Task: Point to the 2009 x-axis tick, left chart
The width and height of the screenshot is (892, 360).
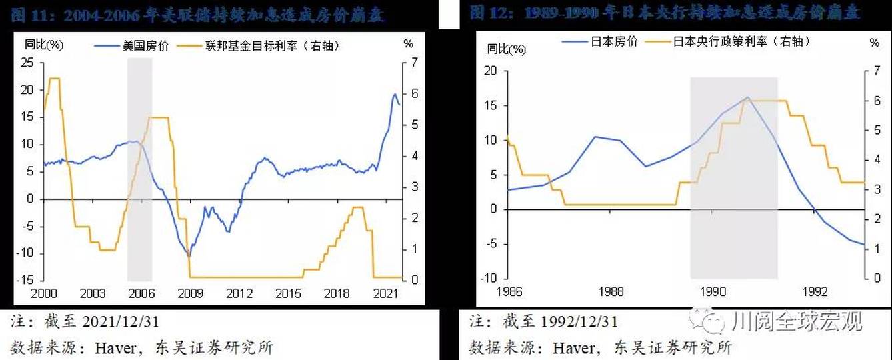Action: point(191,293)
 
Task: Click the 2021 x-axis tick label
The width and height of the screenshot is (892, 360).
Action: point(386,293)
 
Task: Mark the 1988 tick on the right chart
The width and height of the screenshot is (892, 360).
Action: point(611,291)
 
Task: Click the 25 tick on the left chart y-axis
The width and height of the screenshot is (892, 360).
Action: point(27,63)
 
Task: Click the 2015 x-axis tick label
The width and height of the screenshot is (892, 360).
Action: point(289,293)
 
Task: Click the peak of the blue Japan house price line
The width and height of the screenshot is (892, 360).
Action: point(747,97)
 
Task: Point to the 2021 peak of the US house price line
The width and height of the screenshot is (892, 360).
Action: point(394,94)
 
